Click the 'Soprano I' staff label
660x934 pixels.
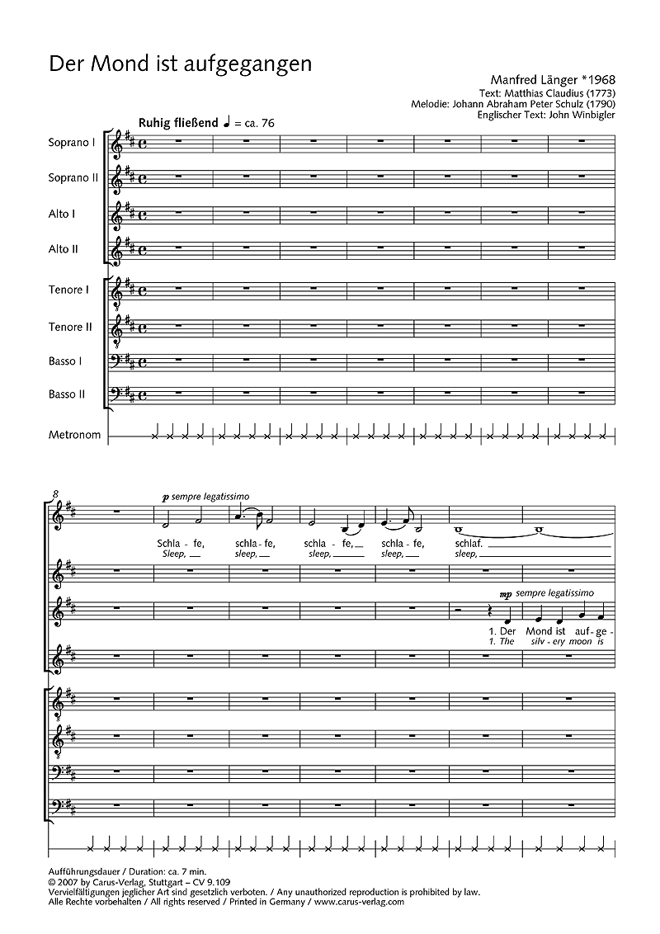73,141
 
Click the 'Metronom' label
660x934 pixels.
75,435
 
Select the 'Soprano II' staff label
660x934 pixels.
73,177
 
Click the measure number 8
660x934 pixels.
55,493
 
